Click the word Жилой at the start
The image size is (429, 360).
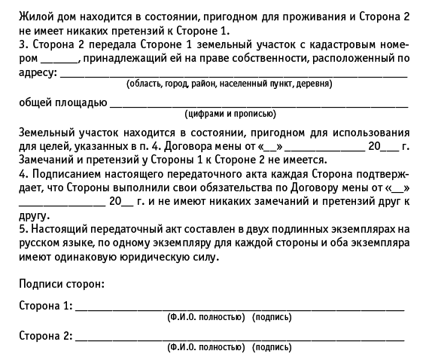point(33,17)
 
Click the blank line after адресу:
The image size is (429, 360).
point(233,75)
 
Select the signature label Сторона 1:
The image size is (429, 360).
point(45,307)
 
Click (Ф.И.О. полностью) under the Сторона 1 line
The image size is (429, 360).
point(206,318)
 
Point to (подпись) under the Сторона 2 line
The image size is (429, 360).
point(272,347)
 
